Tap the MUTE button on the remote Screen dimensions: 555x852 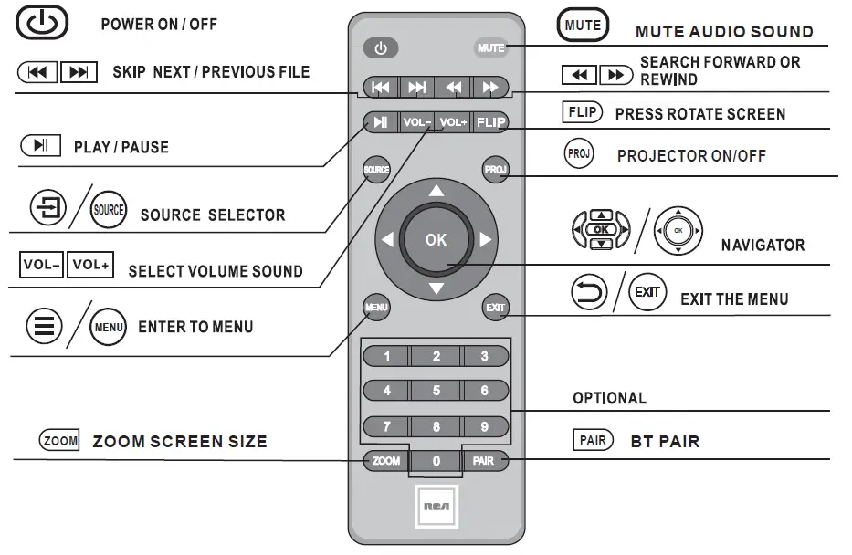pyautogui.click(x=490, y=48)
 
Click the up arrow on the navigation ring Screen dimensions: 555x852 pyautogui.click(x=437, y=191)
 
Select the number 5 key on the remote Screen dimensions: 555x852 pyautogui.click(x=437, y=391)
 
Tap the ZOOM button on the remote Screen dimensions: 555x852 pyautogui.click(x=386, y=461)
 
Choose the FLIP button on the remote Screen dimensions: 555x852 pyautogui.click(x=490, y=122)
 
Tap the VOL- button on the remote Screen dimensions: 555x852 pyautogui.click(x=417, y=122)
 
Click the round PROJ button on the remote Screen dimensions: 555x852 pyautogui.click(x=495, y=170)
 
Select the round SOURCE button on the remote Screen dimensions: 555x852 pyautogui.click(x=376, y=170)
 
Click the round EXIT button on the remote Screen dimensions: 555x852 pyautogui.click(x=495, y=308)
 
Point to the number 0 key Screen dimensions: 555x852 pyautogui.click(x=437, y=462)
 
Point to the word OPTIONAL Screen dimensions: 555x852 pyautogui.click(x=609, y=398)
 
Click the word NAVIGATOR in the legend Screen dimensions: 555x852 pyautogui.click(x=763, y=245)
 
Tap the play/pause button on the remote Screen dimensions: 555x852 pyautogui.click(x=381, y=122)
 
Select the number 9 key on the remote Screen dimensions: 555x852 pyautogui.click(x=485, y=426)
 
